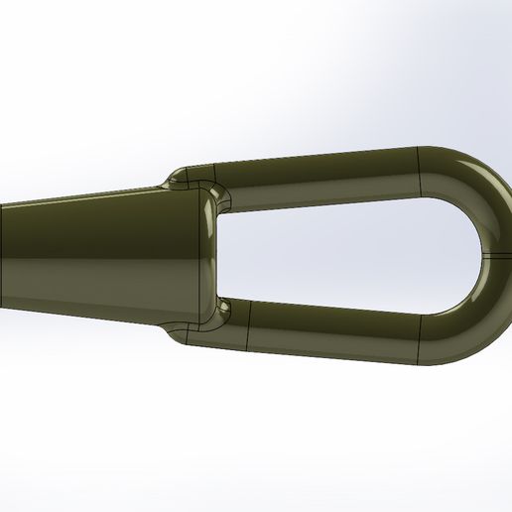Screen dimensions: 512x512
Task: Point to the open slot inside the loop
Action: pos(347,253)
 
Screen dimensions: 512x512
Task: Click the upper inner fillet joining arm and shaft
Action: pos(222,198)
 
